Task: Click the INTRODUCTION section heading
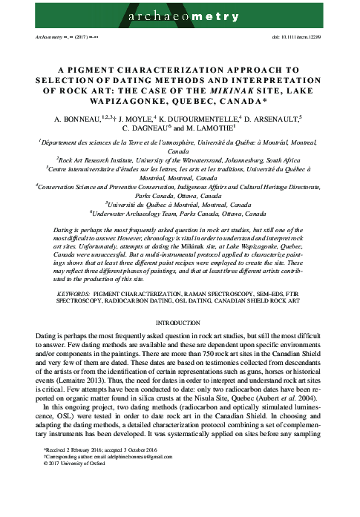click(180, 304)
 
